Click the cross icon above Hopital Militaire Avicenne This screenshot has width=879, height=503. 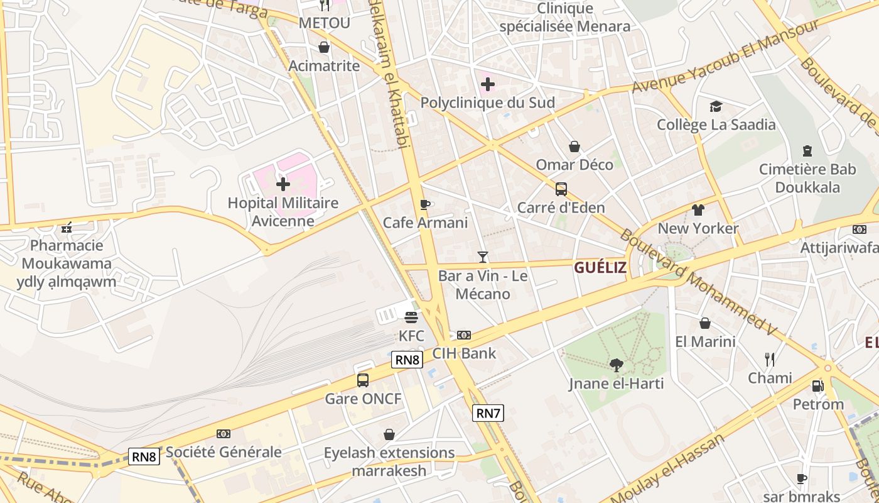click(283, 184)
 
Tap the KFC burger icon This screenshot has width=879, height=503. click(411, 317)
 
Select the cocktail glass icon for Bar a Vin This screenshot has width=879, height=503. click(482, 257)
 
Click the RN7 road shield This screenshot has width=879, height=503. click(488, 413)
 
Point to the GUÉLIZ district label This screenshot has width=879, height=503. click(600, 268)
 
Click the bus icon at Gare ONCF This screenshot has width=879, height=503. click(363, 380)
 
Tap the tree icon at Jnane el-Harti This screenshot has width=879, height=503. click(617, 365)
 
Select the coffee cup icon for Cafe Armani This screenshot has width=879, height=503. click(425, 204)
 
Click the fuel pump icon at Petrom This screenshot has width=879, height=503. click(817, 385)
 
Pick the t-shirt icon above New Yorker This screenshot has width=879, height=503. click(698, 209)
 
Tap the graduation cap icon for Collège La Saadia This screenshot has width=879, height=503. click(716, 106)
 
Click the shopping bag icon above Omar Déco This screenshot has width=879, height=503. click(574, 146)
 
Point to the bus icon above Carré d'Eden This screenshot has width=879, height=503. click(561, 189)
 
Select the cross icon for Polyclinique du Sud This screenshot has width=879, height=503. click(488, 84)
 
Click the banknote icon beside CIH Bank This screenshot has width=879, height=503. click(464, 335)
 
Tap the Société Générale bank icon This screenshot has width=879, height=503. click(223, 434)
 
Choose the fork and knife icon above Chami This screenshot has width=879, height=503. click(770, 359)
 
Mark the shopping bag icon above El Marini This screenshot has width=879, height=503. click(705, 323)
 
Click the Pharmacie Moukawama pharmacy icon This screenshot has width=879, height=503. click(67, 228)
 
